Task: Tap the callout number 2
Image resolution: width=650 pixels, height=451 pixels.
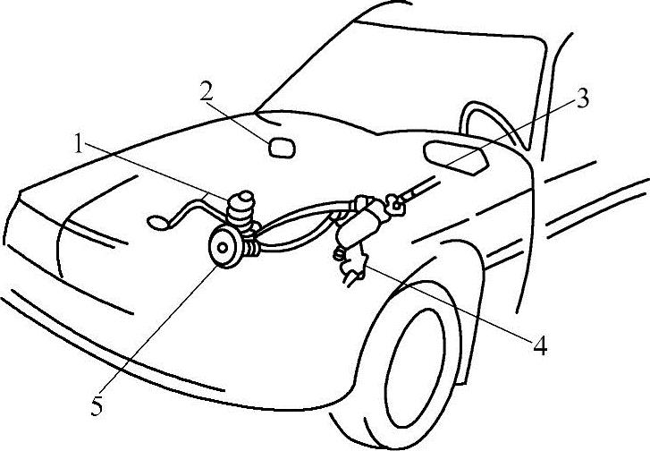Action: point(206,91)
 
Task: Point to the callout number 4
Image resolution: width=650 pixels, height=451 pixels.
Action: point(540,345)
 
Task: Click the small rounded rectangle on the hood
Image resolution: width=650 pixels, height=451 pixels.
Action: point(283,146)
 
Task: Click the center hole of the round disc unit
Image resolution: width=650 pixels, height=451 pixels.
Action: point(220,245)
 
